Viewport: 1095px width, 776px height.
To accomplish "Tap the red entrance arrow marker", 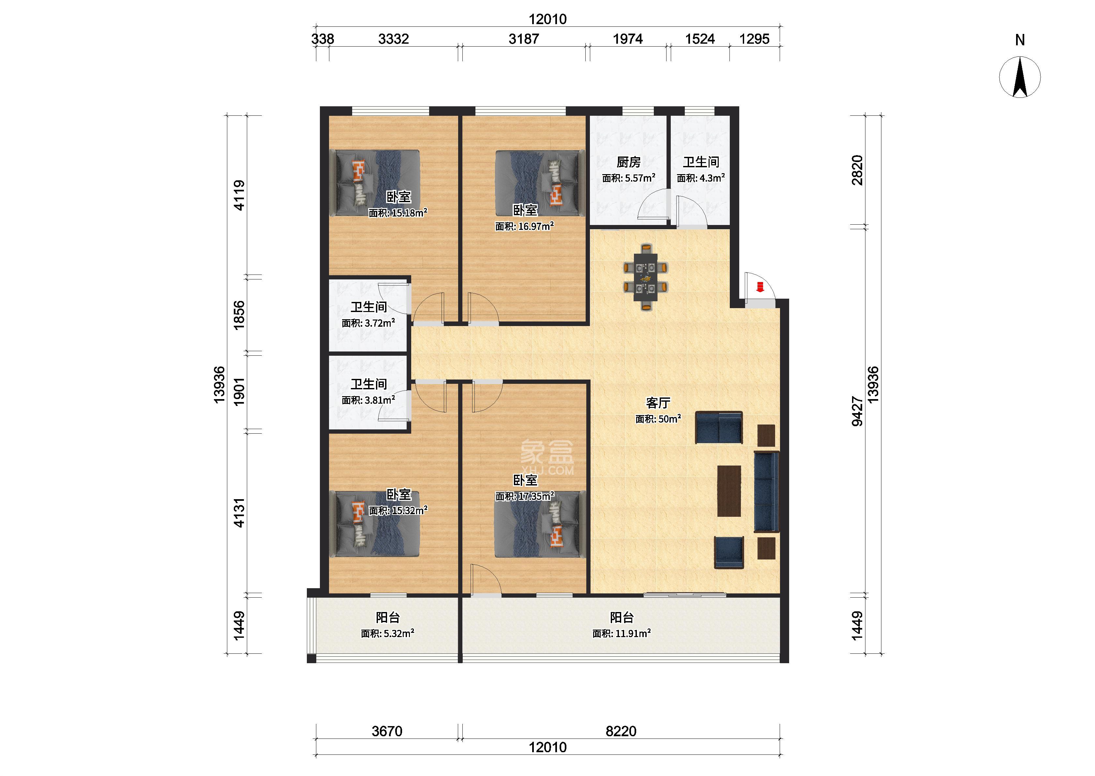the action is click(x=760, y=287).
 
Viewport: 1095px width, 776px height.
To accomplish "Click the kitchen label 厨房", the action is click(x=628, y=162).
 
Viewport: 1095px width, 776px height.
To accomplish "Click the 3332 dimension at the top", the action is click(x=393, y=39).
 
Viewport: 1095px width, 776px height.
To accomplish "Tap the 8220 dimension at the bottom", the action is click(x=621, y=731).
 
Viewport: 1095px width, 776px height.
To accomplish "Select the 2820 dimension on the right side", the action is click(x=858, y=170).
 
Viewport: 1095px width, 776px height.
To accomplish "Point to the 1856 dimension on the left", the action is click(x=239, y=315).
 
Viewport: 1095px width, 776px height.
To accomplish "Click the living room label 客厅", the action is click(x=658, y=403).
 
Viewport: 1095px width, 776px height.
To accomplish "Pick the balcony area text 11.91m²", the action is click(x=622, y=634).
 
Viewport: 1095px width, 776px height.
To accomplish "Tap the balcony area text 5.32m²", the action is click(x=387, y=634).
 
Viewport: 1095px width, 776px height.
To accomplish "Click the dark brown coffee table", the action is click(x=728, y=491).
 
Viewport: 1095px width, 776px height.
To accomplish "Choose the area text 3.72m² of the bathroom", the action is click(x=368, y=323).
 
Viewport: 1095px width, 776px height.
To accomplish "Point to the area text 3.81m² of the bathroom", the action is click(x=368, y=400).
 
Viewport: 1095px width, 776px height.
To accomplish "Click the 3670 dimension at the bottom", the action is click(x=387, y=731).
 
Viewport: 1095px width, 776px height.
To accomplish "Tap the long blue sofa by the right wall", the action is click(x=766, y=492).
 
